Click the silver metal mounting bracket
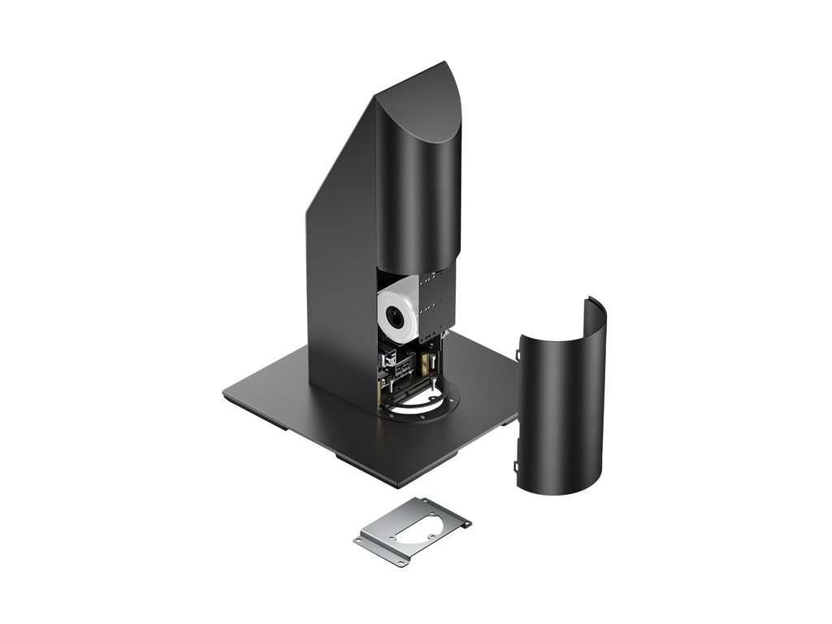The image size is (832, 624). coord(413,530)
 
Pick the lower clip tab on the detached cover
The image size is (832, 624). coord(516,466)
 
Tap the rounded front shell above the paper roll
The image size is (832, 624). coord(418,195)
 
